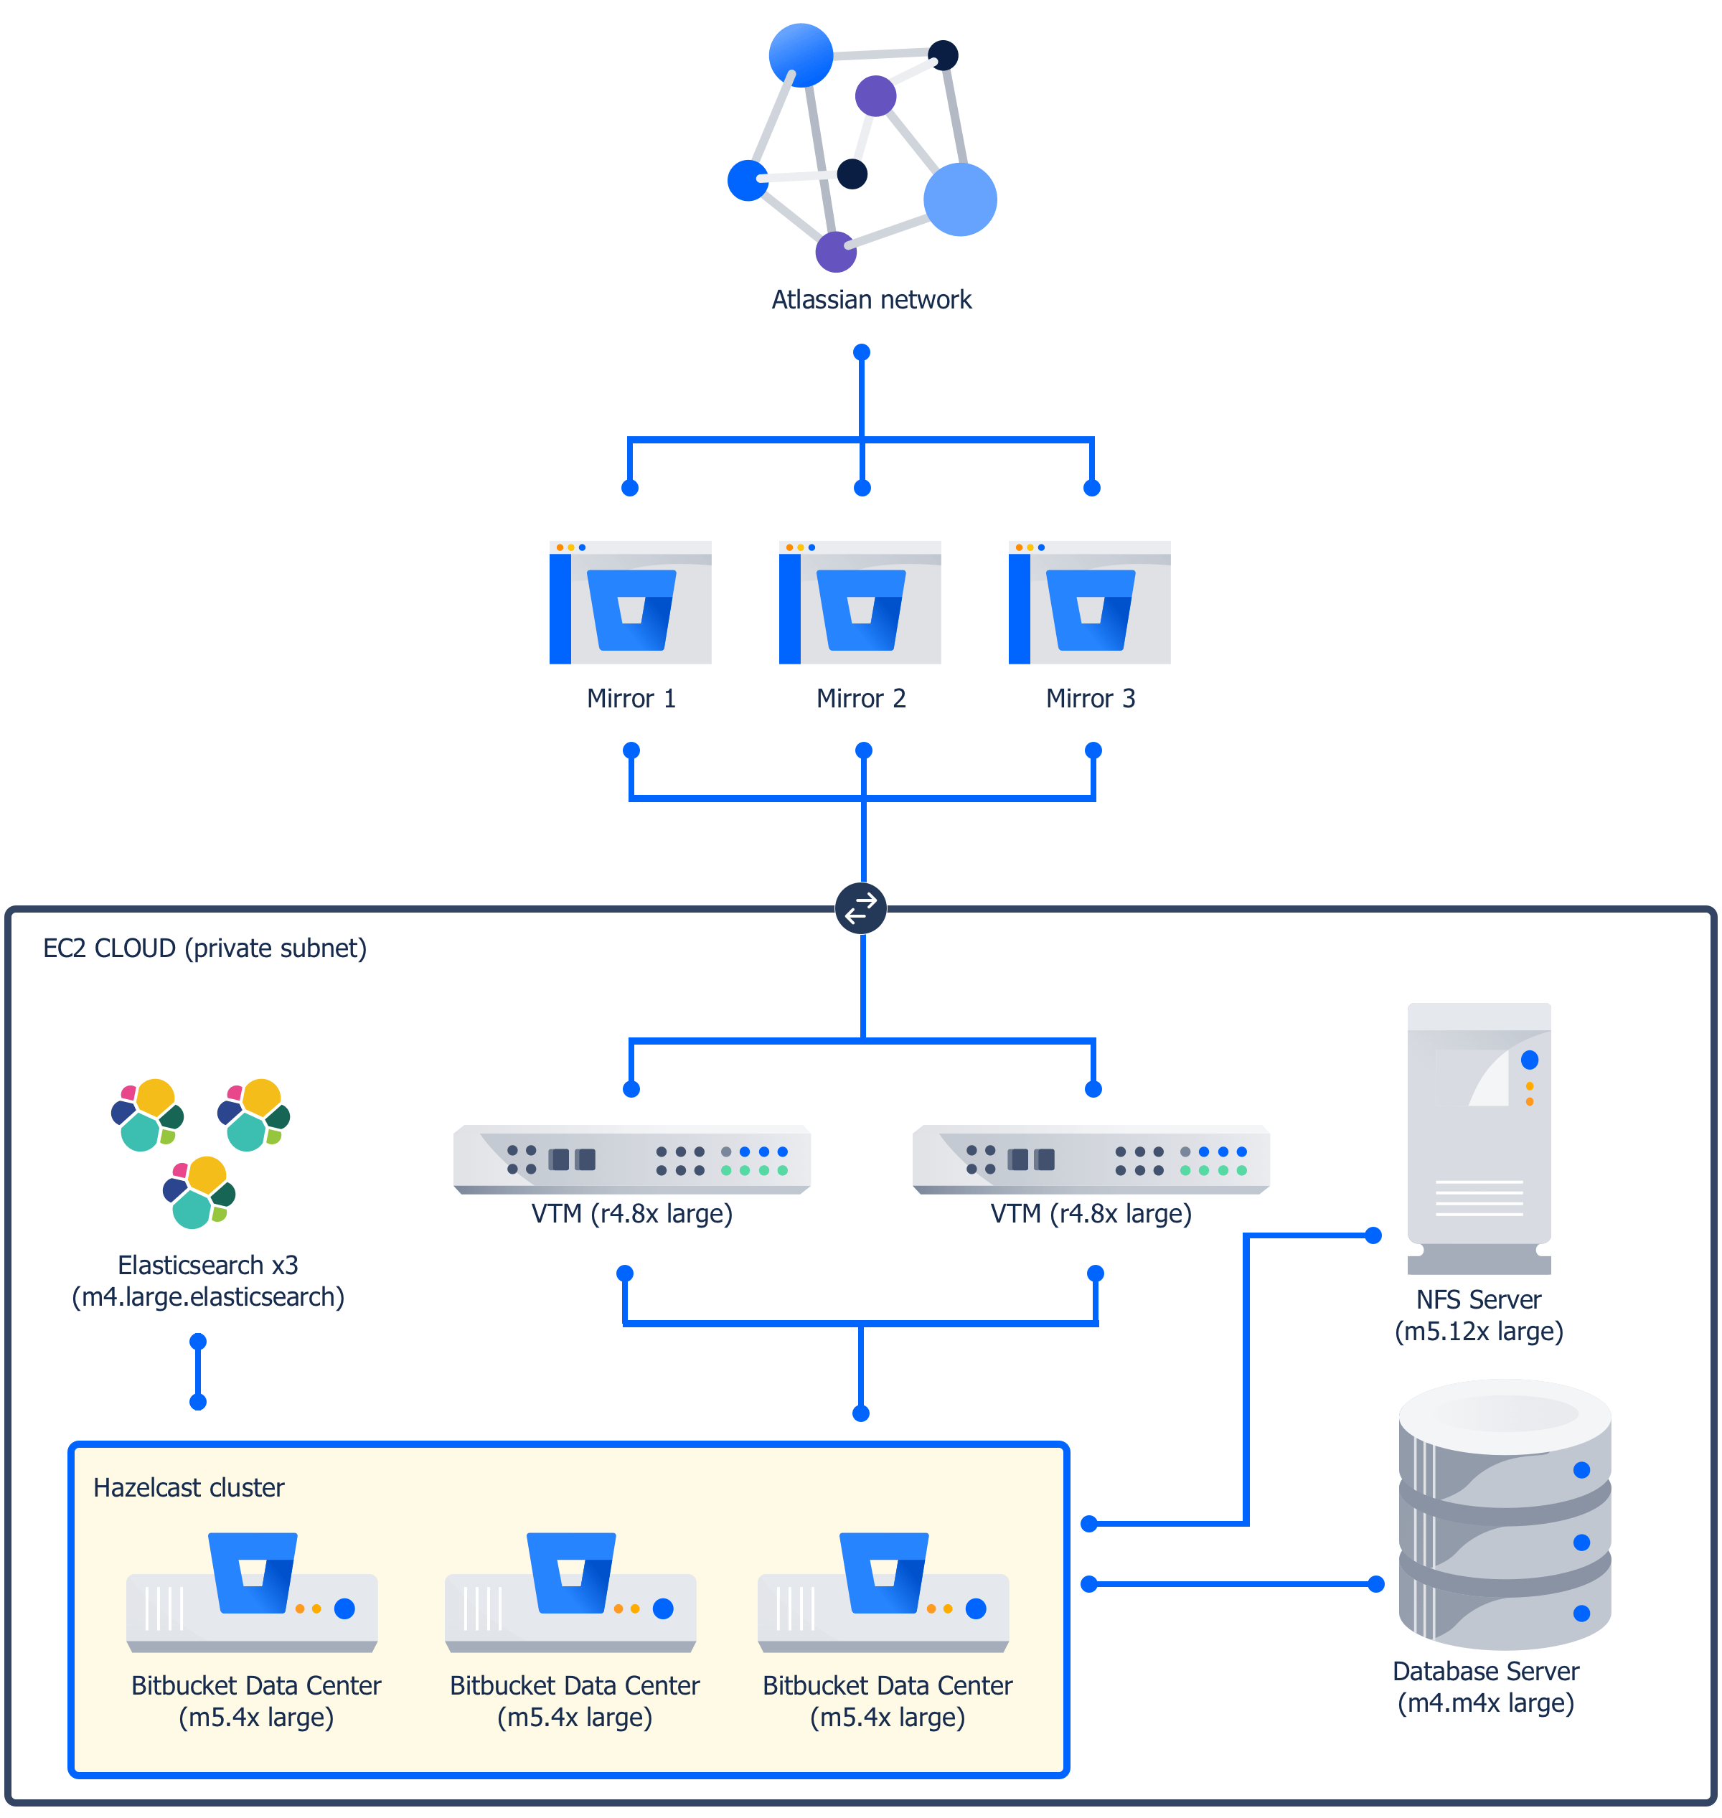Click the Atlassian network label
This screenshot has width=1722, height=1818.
[x=870, y=300]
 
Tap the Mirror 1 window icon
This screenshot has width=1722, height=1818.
[x=630, y=603]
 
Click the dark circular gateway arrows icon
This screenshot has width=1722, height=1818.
[x=860, y=908]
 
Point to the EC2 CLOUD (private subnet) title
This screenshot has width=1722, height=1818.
[x=204, y=948]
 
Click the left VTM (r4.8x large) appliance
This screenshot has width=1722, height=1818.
[x=631, y=1160]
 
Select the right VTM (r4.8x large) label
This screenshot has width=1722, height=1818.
[x=1090, y=1213]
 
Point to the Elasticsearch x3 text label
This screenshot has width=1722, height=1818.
[x=207, y=1266]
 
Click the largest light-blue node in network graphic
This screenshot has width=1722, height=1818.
[x=959, y=199]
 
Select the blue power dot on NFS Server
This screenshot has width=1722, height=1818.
[x=1529, y=1060]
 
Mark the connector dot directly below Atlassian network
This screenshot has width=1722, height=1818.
[x=861, y=352]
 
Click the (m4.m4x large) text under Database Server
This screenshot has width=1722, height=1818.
[x=1485, y=1703]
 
